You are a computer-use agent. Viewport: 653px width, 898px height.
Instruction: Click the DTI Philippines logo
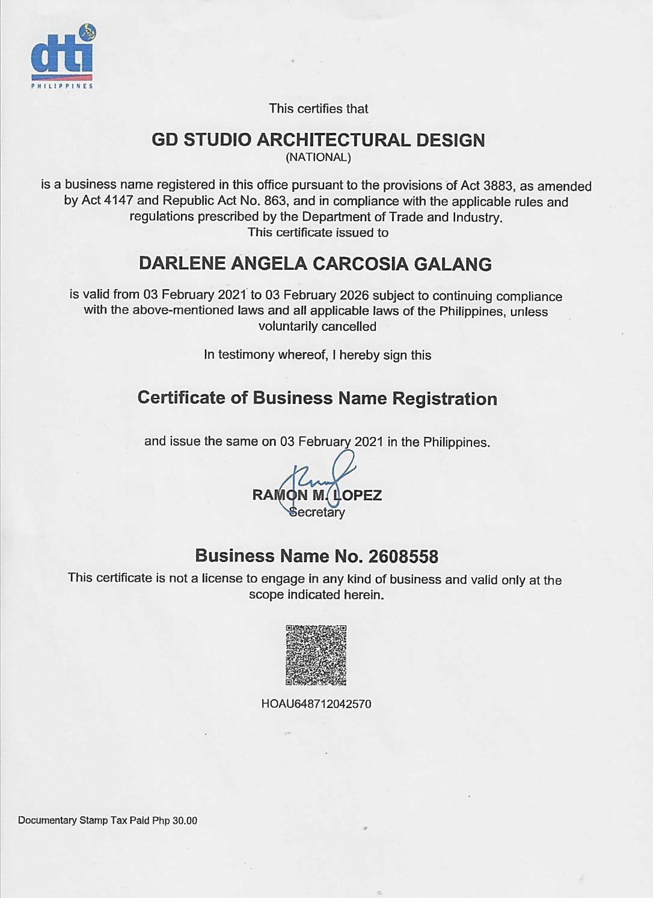(63, 57)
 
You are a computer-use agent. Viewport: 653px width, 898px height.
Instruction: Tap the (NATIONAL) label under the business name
(317, 157)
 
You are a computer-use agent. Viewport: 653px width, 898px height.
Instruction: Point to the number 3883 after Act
(498, 186)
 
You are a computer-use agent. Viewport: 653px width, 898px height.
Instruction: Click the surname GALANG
(459, 264)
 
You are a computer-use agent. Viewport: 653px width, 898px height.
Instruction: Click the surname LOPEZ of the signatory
(358, 495)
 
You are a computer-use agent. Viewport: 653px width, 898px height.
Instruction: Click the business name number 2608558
(403, 556)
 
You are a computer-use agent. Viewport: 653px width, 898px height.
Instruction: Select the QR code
(316, 655)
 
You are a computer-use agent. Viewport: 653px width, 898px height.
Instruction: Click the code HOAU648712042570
(316, 703)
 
